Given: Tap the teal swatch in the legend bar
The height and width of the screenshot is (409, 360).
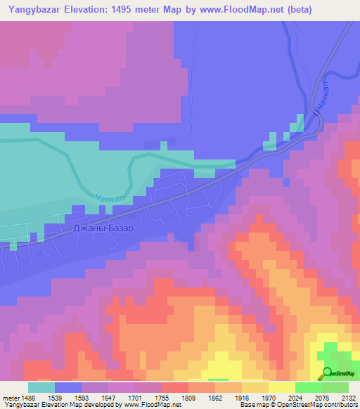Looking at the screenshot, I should point(41,387).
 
